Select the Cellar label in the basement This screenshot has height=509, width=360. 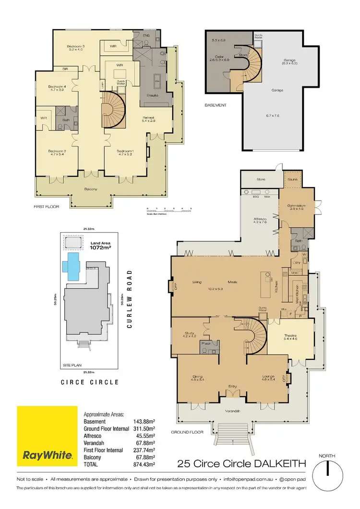[214, 58]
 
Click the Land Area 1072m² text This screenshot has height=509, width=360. [101, 247]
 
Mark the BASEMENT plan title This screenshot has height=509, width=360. [215, 105]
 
